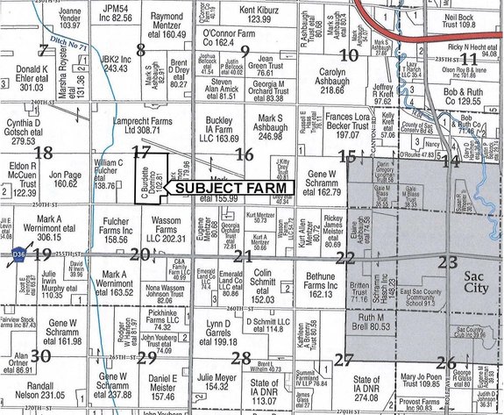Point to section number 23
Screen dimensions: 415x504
point(448,261)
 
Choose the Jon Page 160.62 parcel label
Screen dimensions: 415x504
point(64,180)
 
